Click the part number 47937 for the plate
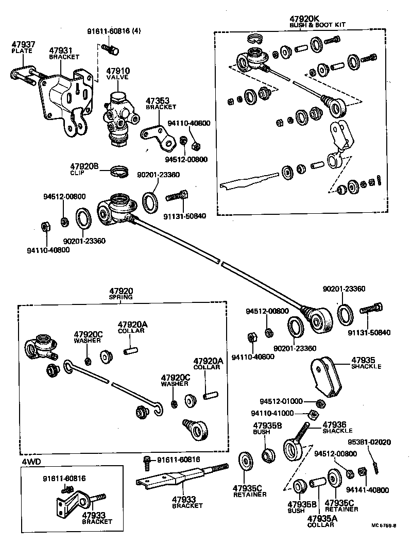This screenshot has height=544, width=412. click(x=23, y=45)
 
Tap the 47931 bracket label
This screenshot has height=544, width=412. click(x=61, y=51)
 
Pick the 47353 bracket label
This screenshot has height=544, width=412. click(x=160, y=101)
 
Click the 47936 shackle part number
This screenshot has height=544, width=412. click(x=337, y=425)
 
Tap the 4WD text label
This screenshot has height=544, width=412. click(x=31, y=461)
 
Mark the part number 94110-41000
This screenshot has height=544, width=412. click(x=273, y=413)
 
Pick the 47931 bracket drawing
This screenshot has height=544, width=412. click(x=67, y=98)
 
